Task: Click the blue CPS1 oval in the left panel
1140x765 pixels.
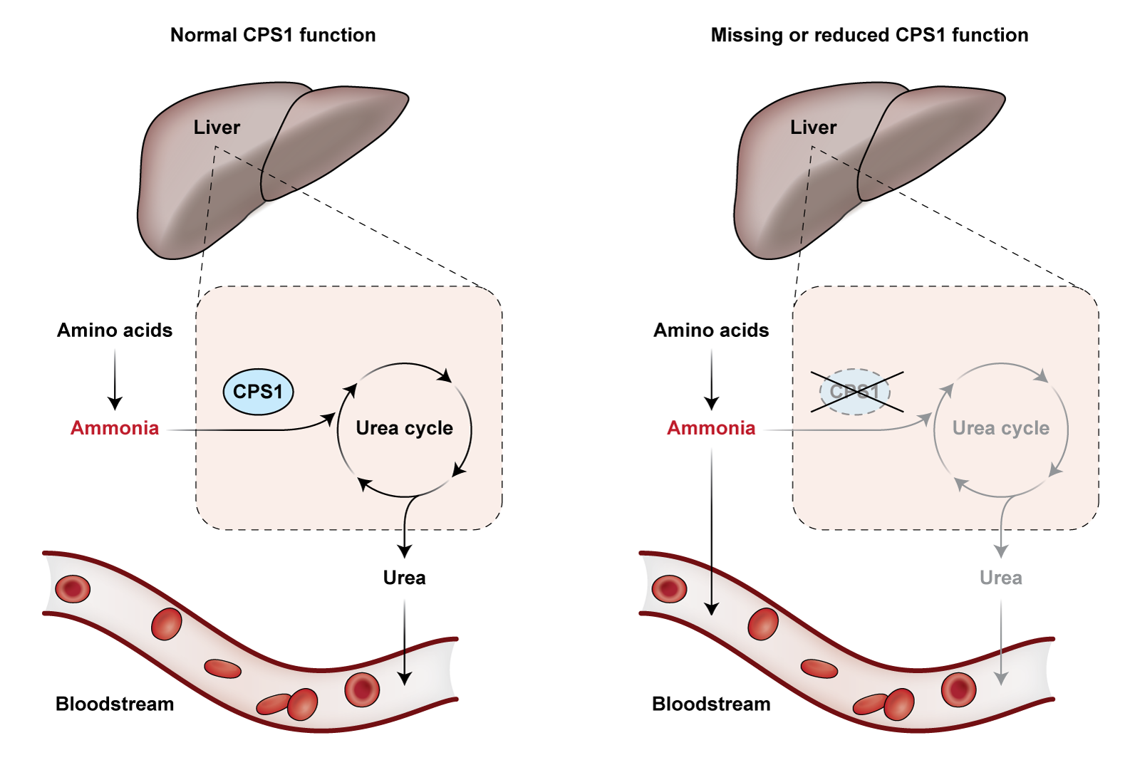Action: point(258,392)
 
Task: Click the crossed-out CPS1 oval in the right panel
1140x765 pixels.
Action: point(855,392)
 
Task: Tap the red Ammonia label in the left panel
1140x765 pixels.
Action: point(115,428)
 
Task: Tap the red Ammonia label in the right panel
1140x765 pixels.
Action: point(711,428)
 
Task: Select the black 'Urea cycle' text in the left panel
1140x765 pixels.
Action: point(404,428)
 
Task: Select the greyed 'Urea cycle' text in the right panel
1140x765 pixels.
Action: point(1000,428)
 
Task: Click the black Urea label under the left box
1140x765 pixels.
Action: point(404,578)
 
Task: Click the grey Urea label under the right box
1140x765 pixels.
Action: point(1000,578)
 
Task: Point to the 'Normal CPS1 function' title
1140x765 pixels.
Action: point(273,35)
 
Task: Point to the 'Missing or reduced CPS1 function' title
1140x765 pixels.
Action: point(869,35)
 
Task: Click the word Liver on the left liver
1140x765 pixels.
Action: point(217,127)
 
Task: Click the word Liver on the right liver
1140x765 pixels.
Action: point(813,127)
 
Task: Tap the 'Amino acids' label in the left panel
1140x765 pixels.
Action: point(115,331)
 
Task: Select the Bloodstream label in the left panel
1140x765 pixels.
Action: point(115,704)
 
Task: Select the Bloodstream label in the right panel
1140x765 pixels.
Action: point(711,704)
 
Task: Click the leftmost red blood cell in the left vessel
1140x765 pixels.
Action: point(73,589)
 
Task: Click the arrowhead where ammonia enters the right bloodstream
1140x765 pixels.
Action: point(711,608)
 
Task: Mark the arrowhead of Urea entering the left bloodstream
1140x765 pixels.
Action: point(405,677)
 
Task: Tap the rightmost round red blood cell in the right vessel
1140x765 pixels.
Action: point(958,689)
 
